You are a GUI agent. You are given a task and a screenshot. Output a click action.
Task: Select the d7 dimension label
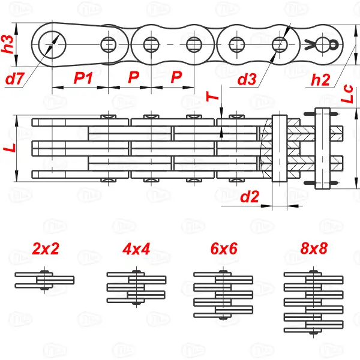click(16, 78)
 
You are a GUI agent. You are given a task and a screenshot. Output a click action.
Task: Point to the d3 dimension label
click(247, 79)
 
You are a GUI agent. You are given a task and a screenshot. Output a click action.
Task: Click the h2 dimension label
click(321, 79)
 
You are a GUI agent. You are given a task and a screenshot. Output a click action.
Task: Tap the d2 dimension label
click(249, 196)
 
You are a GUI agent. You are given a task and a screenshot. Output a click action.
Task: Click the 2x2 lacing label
click(46, 249)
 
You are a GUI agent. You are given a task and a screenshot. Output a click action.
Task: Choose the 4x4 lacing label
click(136, 249)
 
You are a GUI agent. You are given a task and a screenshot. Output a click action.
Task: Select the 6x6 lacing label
click(223, 249)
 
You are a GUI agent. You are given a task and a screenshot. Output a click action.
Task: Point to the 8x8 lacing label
click(313, 249)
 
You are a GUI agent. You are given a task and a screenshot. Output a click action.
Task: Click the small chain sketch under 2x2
click(45, 280)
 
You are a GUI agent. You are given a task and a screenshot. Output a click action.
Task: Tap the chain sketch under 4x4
click(136, 287)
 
